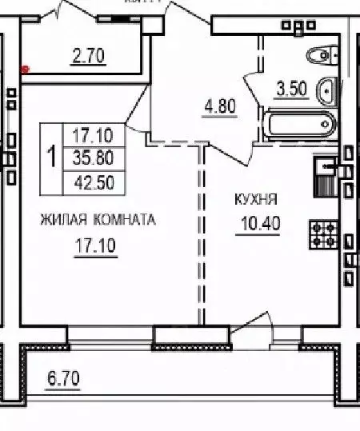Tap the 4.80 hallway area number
(x=220, y=106)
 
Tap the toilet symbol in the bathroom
(x=321, y=54)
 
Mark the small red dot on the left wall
(x=26, y=70)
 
